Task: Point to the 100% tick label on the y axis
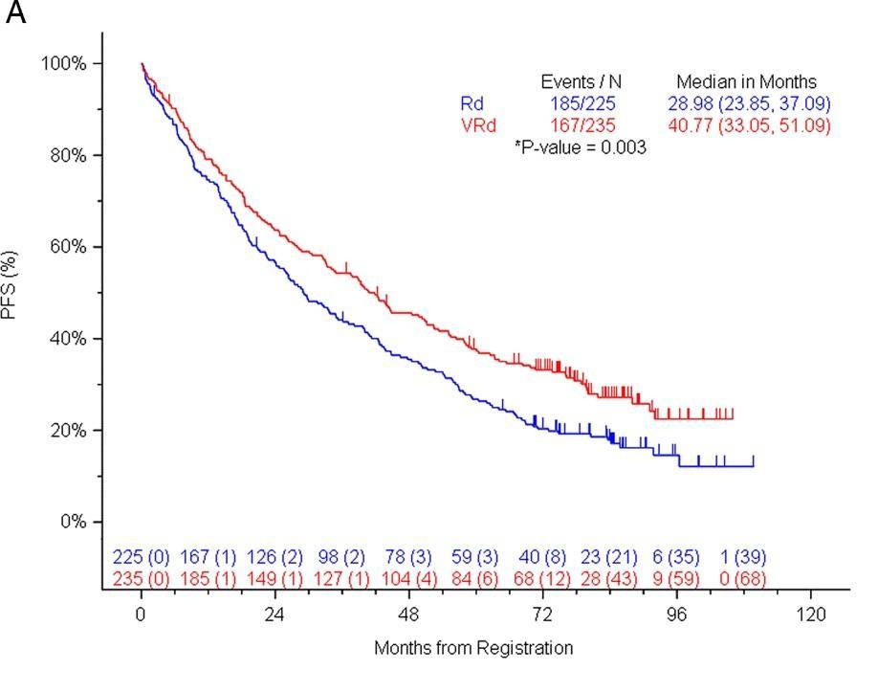64,63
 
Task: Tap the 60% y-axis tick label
68,247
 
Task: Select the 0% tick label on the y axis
73,522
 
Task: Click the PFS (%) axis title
11,283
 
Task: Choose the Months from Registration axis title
473,648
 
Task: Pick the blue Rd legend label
472,103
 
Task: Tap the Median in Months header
747,82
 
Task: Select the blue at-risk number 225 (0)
142,557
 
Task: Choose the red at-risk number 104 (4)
408,578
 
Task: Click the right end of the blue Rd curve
754,466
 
